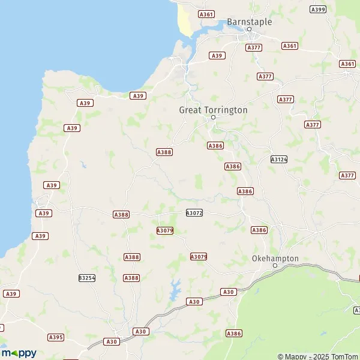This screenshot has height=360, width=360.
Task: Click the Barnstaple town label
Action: (249, 22)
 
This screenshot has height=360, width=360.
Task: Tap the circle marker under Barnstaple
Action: (250, 29)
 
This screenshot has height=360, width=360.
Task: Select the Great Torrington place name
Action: (213, 110)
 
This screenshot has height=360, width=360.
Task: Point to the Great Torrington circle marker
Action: (212, 117)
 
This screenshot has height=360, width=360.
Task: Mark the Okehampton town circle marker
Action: (275, 265)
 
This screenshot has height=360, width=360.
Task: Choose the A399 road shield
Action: (318, 9)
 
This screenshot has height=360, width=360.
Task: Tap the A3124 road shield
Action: (278, 160)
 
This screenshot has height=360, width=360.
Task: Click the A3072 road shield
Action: (194, 212)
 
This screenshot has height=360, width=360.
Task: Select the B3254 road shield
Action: (87, 278)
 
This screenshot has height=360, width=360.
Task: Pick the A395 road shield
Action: (56, 337)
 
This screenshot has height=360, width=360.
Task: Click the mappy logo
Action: (19, 353)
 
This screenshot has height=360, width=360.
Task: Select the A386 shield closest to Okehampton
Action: (259, 230)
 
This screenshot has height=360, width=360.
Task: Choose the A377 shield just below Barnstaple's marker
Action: (254, 47)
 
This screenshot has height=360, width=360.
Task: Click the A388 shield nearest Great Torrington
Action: (164, 152)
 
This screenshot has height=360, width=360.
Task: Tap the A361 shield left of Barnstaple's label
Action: (206, 14)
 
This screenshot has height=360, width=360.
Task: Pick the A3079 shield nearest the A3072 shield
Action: (164, 230)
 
